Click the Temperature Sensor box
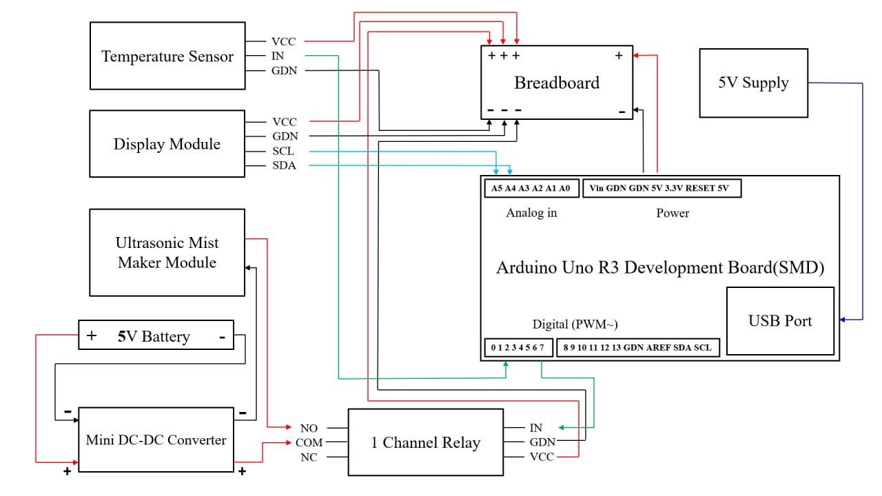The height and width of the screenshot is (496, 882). click(167, 56)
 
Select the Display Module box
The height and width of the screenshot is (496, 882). click(167, 144)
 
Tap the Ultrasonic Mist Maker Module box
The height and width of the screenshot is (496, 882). click(167, 253)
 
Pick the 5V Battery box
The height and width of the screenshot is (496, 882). click(156, 336)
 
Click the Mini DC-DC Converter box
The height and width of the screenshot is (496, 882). click(156, 440)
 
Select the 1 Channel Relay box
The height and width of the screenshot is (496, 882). click(425, 442)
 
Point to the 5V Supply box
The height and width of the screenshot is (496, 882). click(753, 83)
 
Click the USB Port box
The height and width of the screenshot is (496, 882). click(780, 321)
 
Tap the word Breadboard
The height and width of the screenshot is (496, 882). click(557, 83)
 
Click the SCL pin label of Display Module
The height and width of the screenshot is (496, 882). click(283, 151)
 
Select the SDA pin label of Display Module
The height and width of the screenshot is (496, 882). click(283, 165)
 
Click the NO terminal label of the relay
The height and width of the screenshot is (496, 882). click(309, 428)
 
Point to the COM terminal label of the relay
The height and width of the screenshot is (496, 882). click(309, 443)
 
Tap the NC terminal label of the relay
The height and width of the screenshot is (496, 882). click(309, 457)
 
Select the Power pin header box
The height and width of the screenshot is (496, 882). click(661, 188)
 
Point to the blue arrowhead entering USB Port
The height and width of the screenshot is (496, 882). click(841, 319)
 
